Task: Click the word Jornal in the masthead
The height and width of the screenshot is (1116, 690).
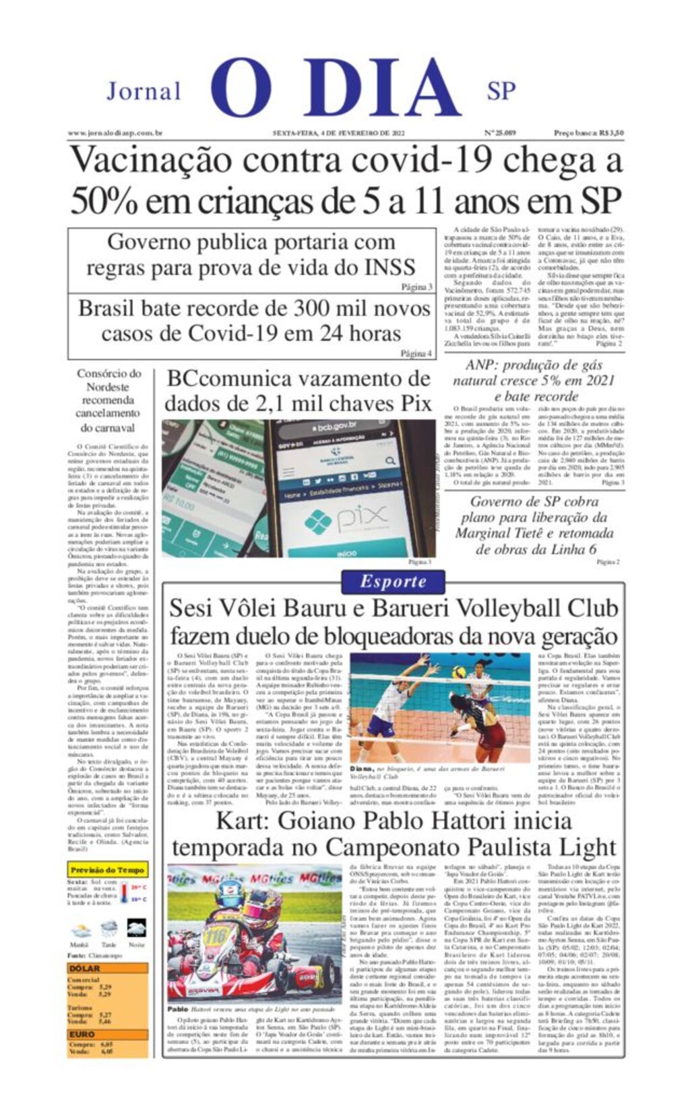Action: pyautogui.click(x=144, y=91)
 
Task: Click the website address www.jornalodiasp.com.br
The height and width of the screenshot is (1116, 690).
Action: pyautogui.click(x=115, y=133)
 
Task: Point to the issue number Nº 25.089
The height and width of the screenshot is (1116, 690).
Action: pyautogui.click(x=499, y=133)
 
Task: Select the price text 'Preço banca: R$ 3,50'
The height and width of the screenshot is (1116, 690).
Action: pyautogui.click(x=588, y=133)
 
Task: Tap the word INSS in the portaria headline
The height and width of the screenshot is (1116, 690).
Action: pyautogui.click(x=390, y=268)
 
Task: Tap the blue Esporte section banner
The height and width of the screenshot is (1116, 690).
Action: pyautogui.click(x=393, y=582)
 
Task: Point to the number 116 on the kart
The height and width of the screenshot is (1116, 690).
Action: pyautogui.click(x=218, y=936)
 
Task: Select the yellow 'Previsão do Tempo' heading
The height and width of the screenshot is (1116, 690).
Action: pyautogui.click(x=107, y=870)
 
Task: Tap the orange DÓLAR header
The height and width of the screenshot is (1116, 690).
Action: pyautogui.click(x=108, y=968)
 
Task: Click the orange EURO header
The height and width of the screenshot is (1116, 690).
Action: pyautogui.click(x=108, y=1034)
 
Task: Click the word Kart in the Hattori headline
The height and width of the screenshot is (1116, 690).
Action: pyautogui.click(x=239, y=821)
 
